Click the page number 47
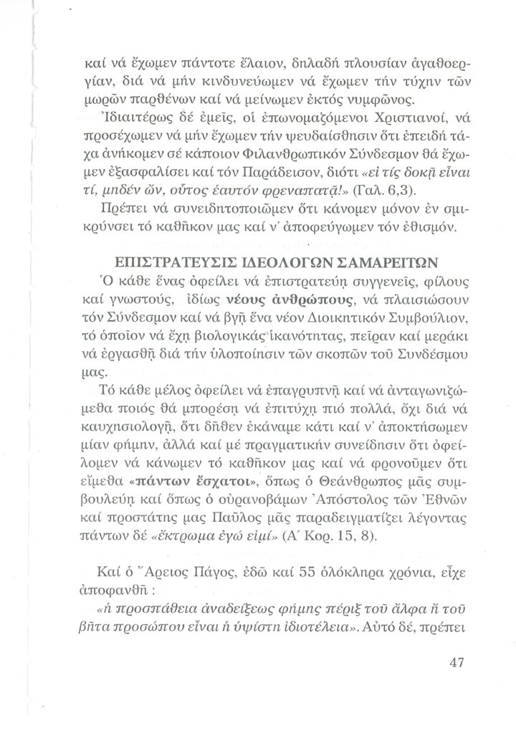pos(457,662)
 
